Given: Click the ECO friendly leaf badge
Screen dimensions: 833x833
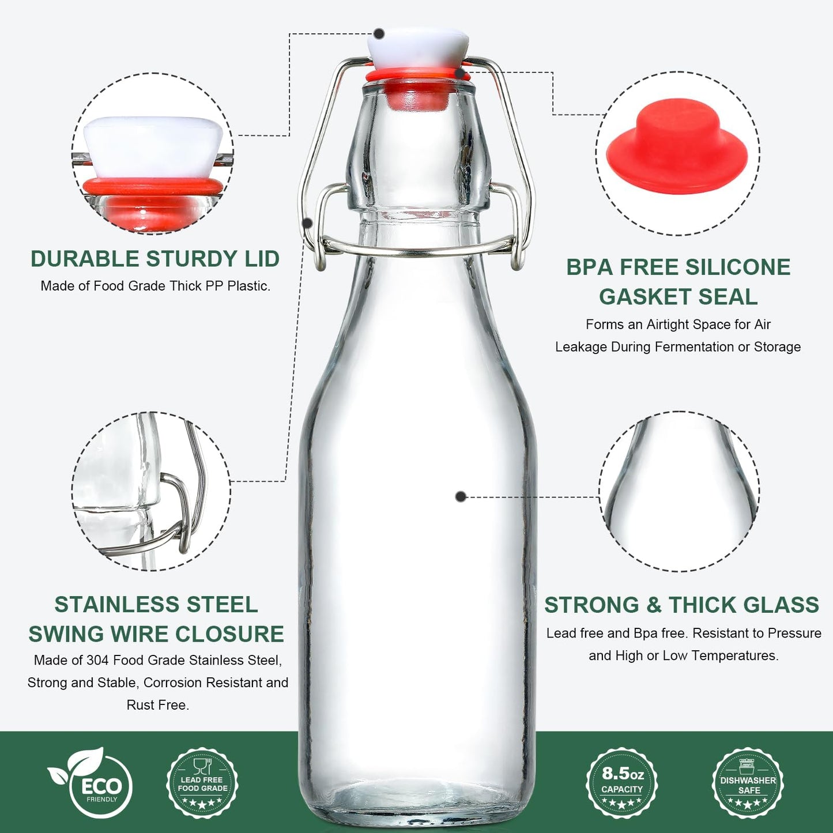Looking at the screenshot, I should pos(92,783).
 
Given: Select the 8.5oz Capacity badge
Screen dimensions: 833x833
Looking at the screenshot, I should pos(622,783).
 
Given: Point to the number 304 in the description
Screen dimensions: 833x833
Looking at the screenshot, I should pos(98,660).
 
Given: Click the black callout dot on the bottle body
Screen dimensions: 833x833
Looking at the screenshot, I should pos(461,496).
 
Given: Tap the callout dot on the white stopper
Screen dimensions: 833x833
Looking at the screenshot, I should pos(379,33).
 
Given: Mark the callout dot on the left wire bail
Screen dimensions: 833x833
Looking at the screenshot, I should pos(308,223).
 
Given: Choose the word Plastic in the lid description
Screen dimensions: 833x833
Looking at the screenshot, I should pos(248,286).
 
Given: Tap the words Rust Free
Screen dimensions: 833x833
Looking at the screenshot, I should pos(158,705).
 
